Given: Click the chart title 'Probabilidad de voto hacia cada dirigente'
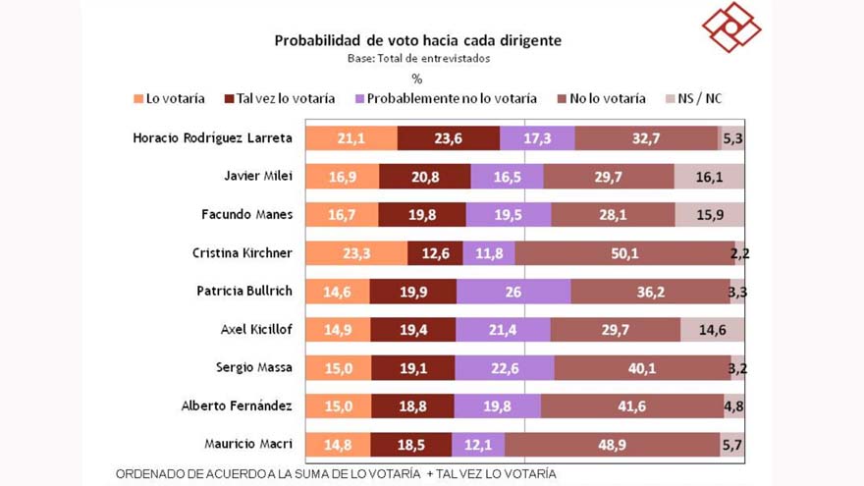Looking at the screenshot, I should pos(417,41).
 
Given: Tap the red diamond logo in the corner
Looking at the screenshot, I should pos(731,27).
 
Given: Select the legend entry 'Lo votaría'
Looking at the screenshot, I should pos(169,98).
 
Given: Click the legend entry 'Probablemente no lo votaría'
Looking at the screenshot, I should pos(446,98).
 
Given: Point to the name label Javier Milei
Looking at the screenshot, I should pos(258,176).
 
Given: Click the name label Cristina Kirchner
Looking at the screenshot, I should pos(243,253).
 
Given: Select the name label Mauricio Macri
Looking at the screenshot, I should pos(248,444).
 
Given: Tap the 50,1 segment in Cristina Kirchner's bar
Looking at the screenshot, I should pos(624,253).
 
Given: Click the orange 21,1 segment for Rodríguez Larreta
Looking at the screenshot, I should pos(351,138).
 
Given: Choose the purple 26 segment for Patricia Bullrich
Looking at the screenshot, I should pos(513,292).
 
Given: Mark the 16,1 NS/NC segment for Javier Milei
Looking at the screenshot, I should pos(709,177).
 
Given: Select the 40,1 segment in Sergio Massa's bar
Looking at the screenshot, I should pos(642,368).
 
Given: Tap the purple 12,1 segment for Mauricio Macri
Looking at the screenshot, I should pos(478,445).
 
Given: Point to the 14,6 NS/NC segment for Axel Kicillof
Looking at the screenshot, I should pos(712,330).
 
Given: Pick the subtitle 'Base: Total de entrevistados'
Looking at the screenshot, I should pos(418,58).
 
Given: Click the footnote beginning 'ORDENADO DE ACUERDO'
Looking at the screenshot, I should pos(336,474).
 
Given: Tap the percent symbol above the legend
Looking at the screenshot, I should pos(417,79).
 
